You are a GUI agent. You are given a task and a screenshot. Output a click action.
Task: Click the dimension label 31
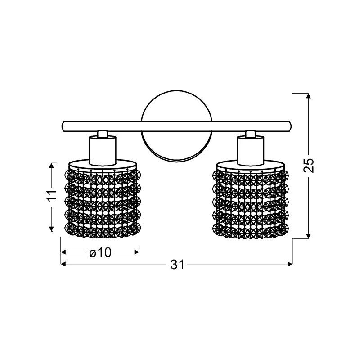178,265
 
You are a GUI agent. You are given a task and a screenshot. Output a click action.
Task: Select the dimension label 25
309,165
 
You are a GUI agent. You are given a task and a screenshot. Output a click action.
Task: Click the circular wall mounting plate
176,108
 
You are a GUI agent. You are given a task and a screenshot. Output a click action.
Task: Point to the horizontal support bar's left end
64,126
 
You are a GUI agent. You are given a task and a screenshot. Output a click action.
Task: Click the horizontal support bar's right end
289,126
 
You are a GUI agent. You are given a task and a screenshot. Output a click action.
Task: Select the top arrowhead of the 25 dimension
308,96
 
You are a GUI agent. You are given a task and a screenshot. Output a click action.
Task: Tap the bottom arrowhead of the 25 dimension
308,235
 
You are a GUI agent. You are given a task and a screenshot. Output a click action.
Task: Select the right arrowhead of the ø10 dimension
137,252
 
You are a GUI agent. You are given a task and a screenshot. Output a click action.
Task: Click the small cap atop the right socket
250,134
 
